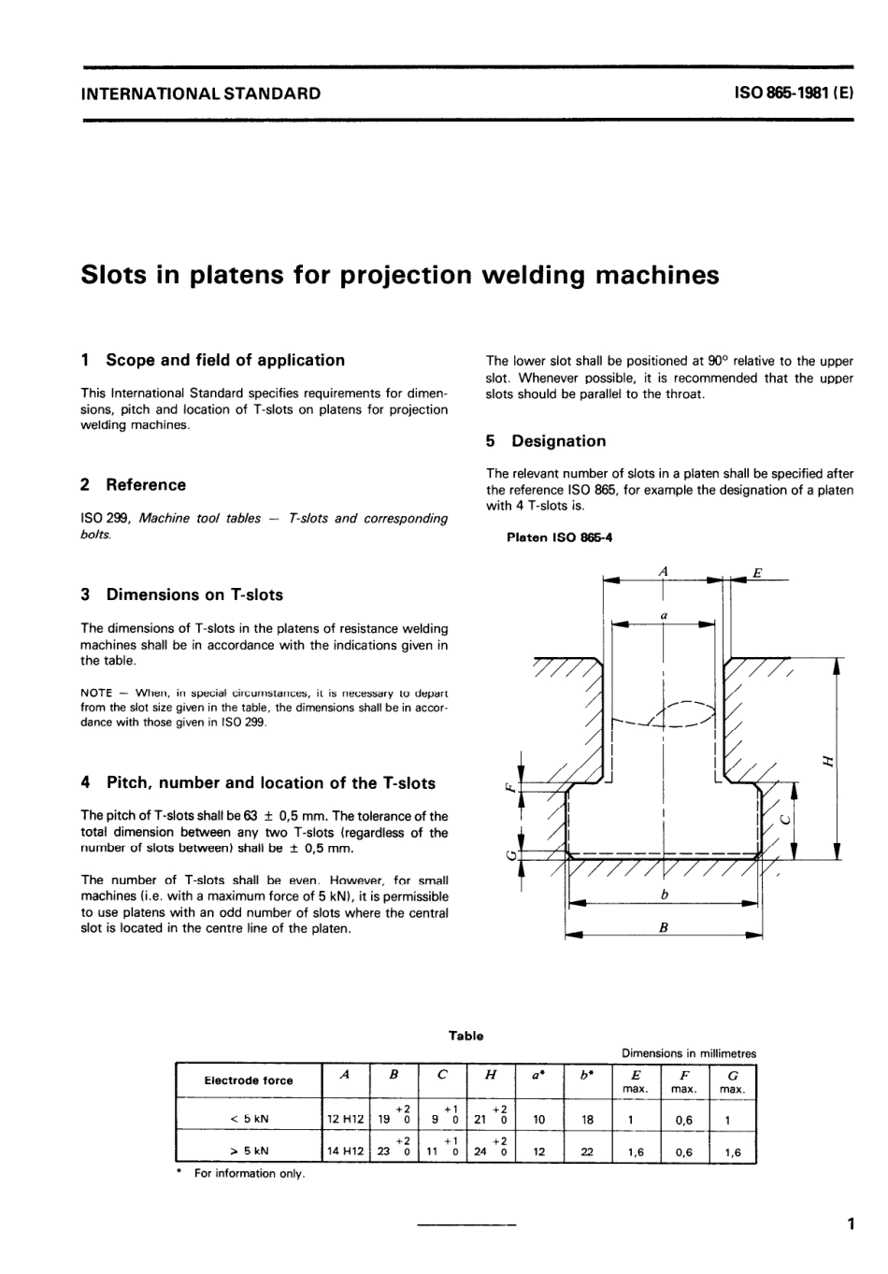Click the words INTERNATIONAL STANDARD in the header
point(200,93)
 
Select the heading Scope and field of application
point(225,360)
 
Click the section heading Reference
point(146,484)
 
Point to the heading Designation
point(558,441)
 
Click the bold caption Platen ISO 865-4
point(559,537)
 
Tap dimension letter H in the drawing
point(826,760)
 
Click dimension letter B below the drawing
point(664,928)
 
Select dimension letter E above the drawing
point(757,572)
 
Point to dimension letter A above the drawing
point(664,570)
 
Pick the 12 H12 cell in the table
point(345,1119)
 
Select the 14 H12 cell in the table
point(345,1152)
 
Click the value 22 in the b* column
point(587,1152)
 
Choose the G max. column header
point(732,1081)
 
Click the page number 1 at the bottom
point(850,1224)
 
